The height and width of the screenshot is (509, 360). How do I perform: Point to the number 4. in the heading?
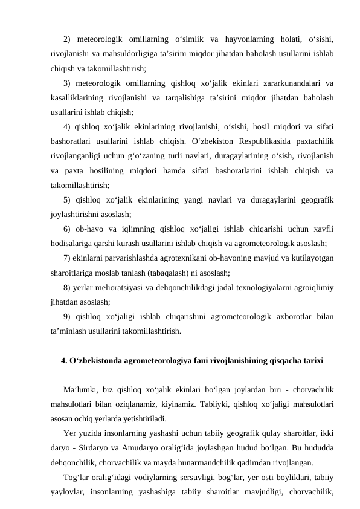click(x=65, y=361)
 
